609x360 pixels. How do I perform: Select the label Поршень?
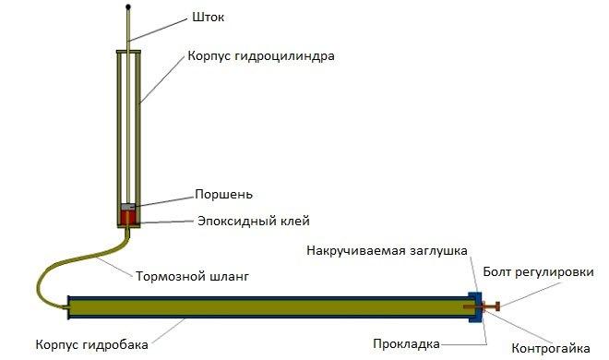click(223, 195)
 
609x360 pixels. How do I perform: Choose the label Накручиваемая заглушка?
click(388, 250)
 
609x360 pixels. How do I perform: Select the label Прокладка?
click(407, 344)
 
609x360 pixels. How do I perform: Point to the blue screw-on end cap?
click(475, 306)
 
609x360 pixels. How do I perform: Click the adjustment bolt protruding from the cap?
click(492, 306)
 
